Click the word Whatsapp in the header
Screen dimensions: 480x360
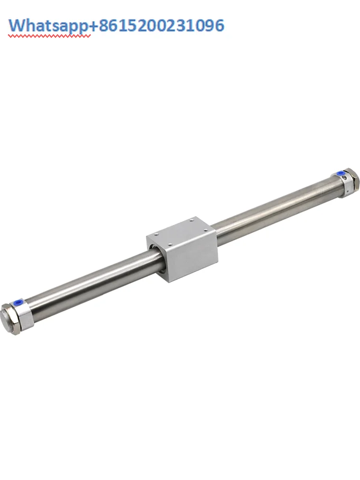(x=48, y=25)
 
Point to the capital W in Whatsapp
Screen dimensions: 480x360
(x=18, y=25)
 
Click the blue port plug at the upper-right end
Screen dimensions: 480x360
(x=341, y=173)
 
